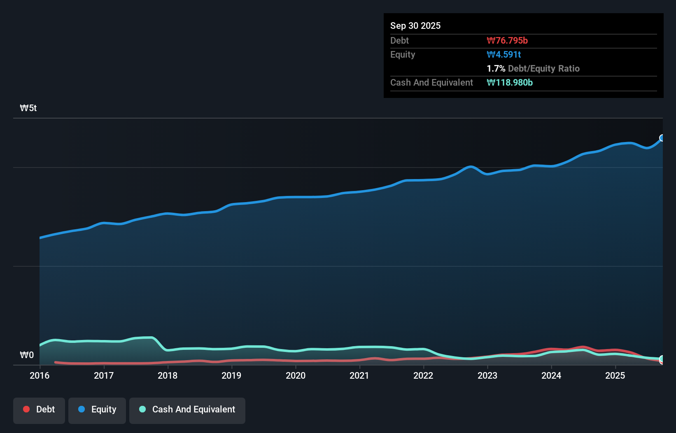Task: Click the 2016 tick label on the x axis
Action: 40,375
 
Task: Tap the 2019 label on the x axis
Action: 231,375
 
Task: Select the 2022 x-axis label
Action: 423,375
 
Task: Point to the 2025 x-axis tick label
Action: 615,375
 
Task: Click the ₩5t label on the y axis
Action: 28,108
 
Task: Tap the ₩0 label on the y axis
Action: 27,355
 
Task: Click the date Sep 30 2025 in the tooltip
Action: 415,26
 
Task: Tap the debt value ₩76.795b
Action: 507,41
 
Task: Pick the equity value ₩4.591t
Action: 504,55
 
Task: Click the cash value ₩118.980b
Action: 510,83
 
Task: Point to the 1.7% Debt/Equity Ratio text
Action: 533,69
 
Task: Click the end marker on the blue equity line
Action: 662,138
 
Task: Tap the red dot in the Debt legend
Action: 26,409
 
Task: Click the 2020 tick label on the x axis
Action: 296,375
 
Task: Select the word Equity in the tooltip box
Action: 403,55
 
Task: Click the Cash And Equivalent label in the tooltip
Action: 431,83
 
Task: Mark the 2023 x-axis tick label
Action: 487,375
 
